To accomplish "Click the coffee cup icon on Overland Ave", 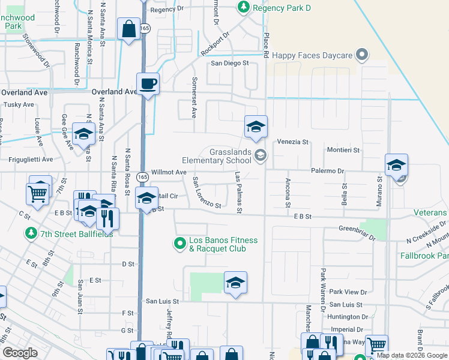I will click(148, 83).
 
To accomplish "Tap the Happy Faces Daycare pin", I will click(361, 55).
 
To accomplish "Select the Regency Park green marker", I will click(244, 7).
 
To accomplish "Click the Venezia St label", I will click(292, 142).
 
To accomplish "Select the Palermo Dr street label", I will click(327, 170).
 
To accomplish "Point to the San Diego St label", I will click(229, 63).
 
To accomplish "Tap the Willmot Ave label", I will click(169, 172).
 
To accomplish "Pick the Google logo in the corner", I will click(20, 353).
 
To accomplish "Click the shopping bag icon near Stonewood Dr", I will click(129, 28).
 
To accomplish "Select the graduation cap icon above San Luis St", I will click(236, 283).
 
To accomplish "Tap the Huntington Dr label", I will click(349, 316).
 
